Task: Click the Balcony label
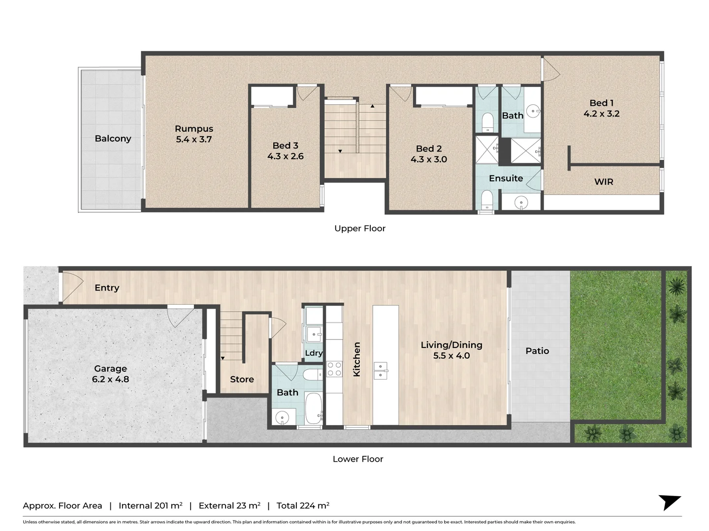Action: click(113, 139)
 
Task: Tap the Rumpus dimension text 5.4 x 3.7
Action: click(193, 140)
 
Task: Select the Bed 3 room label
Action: click(285, 146)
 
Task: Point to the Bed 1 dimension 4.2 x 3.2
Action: click(601, 114)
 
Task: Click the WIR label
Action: click(604, 182)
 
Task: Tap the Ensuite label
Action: click(506, 178)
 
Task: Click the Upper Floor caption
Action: click(359, 229)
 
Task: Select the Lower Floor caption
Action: click(357, 459)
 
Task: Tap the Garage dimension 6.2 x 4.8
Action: click(110, 380)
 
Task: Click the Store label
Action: click(242, 380)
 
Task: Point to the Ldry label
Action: click(314, 353)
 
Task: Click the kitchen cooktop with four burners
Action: click(334, 369)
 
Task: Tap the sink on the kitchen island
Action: click(381, 371)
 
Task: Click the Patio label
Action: click(537, 351)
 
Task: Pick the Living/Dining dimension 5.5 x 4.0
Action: click(451, 356)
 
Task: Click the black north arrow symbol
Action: click(669, 502)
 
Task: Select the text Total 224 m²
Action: click(302, 505)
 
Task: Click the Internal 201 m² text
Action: click(150, 505)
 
